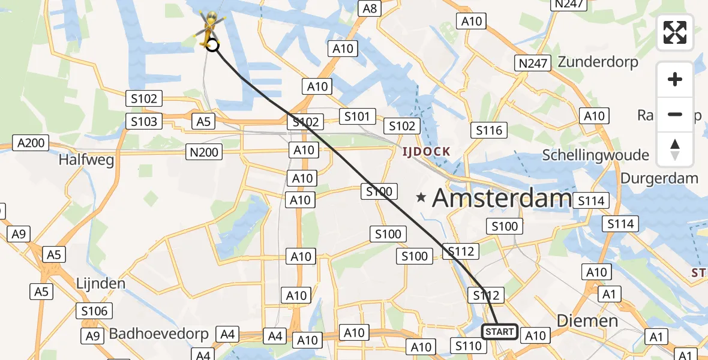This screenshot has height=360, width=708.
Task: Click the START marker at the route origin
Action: (x=499, y=332)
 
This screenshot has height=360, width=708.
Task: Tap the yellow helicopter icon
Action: (x=209, y=28)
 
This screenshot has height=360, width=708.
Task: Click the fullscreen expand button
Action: (x=675, y=32)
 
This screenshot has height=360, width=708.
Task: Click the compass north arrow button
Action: (x=675, y=149)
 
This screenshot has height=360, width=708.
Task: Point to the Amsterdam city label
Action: (x=502, y=197)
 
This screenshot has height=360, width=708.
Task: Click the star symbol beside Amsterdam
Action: (x=422, y=197)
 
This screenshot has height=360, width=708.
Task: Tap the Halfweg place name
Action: (x=86, y=160)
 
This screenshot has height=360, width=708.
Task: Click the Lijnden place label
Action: (x=101, y=283)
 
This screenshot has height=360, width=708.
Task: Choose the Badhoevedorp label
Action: (x=158, y=334)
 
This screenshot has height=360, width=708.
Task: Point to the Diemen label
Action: (x=587, y=320)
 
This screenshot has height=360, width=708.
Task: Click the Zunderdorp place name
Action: (x=598, y=62)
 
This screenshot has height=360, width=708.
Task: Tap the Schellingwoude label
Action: (x=595, y=155)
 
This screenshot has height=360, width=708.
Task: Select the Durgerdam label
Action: (x=659, y=178)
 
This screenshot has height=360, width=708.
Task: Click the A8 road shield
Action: (x=370, y=8)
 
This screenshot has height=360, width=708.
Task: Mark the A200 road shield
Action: (x=31, y=143)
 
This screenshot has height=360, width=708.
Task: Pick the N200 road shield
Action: (x=204, y=152)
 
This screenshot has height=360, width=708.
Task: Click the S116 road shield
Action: (x=489, y=130)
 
